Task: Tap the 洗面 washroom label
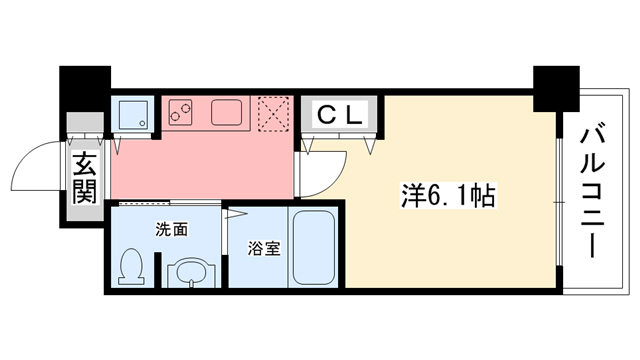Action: coord(171,230)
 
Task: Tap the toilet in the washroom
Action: coord(131,267)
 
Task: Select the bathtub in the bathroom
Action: coord(314,248)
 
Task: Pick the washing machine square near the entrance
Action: coord(131,113)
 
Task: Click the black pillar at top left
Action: coord(83,90)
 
